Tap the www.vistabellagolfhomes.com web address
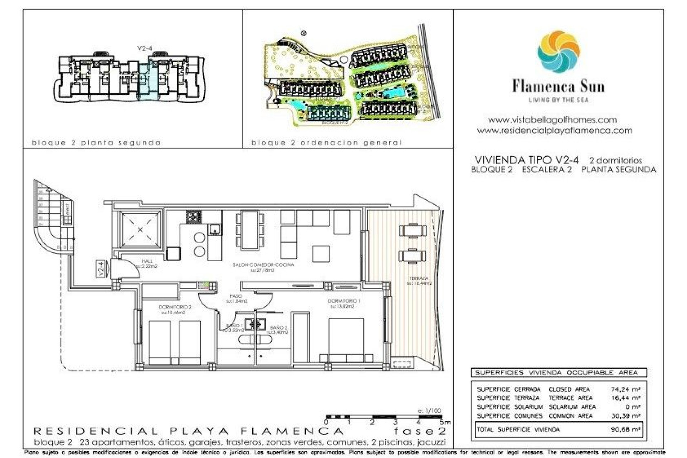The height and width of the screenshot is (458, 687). tap(552, 120)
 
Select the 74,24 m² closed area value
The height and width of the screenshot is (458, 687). tap(625, 389)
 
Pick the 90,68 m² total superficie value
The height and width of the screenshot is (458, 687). tap(625, 429)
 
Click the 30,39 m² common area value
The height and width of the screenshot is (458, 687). tap(625, 416)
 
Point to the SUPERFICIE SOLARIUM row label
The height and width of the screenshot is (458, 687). tap(510, 407)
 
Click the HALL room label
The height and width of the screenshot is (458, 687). tap(147, 261)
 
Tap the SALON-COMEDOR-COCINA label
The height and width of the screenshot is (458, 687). tap(263, 265)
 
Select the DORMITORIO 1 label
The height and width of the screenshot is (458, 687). tap(343, 301)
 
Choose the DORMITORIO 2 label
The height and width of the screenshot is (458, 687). tap(175, 307)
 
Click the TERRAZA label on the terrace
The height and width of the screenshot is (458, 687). tap(419, 278)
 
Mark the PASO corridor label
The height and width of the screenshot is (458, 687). tap(236, 296)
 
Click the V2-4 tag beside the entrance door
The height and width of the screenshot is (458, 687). tap(101, 269)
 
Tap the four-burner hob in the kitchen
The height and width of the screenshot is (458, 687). tap(194, 217)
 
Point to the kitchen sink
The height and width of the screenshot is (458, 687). tap(215, 229)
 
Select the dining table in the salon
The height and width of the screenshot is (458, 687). tap(250, 229)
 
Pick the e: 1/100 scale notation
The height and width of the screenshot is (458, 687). tap(429, 411)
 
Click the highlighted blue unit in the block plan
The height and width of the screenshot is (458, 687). tap(147, 81)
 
